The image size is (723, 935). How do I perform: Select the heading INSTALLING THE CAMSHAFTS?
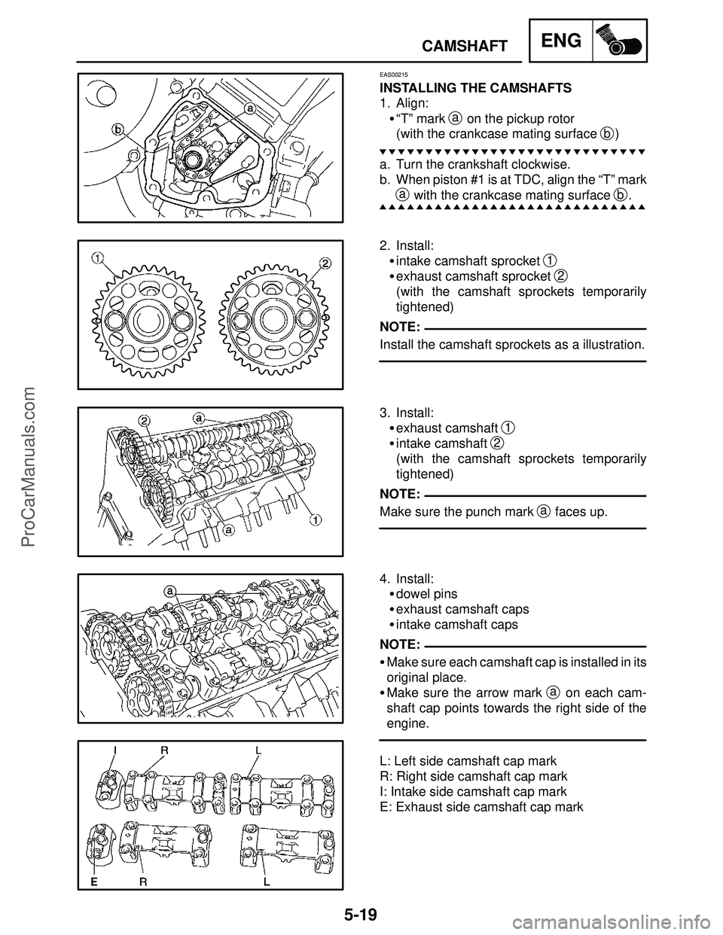coord(475,88)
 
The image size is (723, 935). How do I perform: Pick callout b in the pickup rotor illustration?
coord(118,128)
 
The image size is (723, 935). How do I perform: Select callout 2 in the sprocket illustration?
coord(325,262)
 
